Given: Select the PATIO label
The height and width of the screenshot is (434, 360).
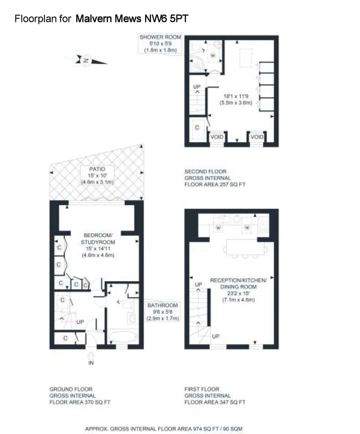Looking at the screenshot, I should point(97,169).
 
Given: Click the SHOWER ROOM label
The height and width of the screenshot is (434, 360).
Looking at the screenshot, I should point(160,37).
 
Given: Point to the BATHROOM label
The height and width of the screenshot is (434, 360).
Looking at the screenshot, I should point(163,305).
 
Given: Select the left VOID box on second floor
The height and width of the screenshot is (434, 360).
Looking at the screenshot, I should point(217,137).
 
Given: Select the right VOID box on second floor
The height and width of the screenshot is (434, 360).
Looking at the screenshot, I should point(257,137).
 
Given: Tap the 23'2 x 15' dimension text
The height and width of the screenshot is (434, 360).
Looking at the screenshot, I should point(238,293).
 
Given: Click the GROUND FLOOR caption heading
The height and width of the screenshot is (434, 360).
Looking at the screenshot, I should point(70,389).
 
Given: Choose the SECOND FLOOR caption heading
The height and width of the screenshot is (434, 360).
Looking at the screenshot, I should point(205,171).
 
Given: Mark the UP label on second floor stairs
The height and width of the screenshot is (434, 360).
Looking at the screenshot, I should point(197,87).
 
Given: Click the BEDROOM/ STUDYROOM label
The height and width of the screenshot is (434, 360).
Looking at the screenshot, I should point(97,239).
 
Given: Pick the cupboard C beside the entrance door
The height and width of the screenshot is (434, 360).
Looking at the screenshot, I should point(65,338).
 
